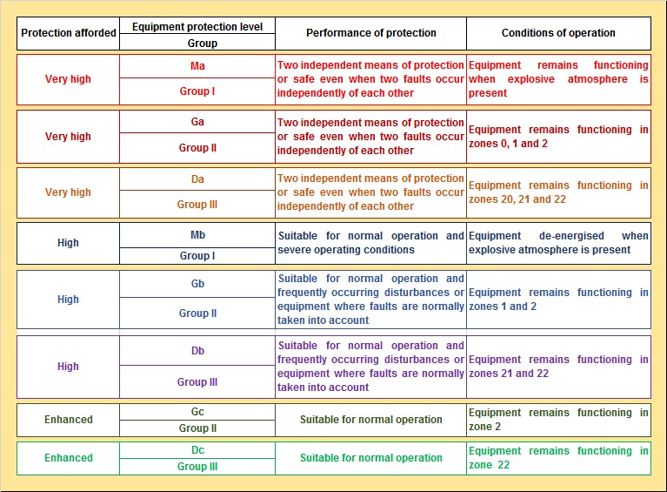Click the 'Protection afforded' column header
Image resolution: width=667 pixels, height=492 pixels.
(68, 33)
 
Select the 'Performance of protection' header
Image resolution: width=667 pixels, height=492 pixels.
(370, 33)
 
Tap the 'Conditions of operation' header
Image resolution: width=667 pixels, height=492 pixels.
(558, 33)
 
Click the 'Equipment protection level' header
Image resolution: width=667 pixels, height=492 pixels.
(197, 26)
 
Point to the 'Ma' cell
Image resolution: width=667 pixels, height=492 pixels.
(197, 66)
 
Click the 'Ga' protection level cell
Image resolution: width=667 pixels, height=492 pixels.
(197, 122)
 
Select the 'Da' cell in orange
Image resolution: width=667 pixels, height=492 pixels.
(197, 179)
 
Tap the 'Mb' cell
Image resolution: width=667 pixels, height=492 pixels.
(197, 235)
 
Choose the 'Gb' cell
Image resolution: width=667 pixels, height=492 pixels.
(197, 284)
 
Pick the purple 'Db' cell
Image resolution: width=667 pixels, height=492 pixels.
(197, 351)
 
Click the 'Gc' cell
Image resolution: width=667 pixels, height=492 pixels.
(197, 411)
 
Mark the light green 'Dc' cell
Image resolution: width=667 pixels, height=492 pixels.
(197, 450)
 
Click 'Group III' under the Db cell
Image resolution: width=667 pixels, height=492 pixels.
(197, 382)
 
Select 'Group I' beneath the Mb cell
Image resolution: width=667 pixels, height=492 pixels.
(197, 256)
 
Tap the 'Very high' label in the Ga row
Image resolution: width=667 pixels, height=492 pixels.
(68, 137)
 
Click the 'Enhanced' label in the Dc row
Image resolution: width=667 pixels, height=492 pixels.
(68, 458)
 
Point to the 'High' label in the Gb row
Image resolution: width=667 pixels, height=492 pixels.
(68, 300)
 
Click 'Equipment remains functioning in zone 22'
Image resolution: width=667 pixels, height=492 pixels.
(558, 458)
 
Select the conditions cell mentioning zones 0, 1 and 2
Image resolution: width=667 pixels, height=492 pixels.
(558, 137)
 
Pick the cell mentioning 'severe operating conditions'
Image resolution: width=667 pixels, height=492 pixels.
(370, 243)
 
